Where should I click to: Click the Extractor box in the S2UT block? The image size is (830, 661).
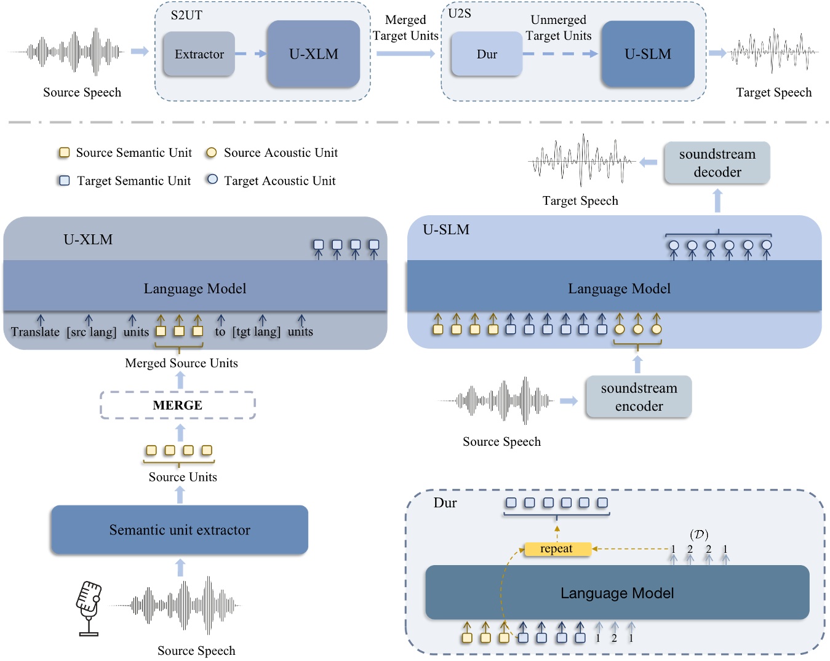click(199, 54)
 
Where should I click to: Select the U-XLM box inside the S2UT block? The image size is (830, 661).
click(313, 54)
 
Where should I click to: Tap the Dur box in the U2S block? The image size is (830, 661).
click(487, 54)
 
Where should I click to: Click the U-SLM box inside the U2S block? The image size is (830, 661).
click(647, 54)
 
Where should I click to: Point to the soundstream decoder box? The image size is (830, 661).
click(717, 163)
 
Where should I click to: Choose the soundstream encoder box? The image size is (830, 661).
click(639, 397)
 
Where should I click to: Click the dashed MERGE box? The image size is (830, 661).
click(178, 405)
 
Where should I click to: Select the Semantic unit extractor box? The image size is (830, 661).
click(180, 530)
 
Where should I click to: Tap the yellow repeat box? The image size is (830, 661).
click(557, 548)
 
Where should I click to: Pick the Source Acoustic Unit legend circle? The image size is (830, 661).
click(211, 152)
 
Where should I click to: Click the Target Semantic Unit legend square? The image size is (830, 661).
click(64, 181)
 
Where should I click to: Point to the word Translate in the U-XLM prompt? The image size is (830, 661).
click(35, 332)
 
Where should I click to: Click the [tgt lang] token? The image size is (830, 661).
click(257, 332)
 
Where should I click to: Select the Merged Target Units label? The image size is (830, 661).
click(405, 28)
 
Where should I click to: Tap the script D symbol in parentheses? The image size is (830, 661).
click(699, 534)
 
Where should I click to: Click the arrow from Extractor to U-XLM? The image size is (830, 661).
click(250, 54)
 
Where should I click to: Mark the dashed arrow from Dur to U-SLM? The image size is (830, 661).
click(561, 54)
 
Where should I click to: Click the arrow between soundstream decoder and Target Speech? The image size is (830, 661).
click(648, 162)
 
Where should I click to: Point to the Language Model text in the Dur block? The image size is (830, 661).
click(617, 593)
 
